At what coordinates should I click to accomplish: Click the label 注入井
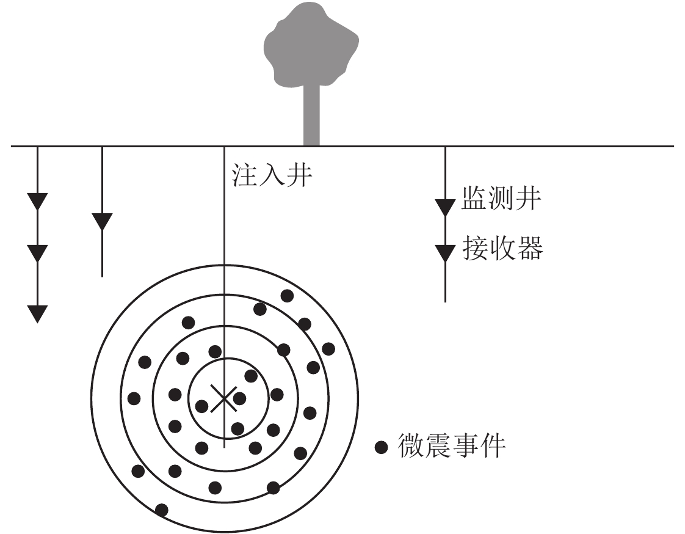(x=272, y=175)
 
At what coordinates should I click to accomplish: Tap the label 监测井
(x=501, y=199)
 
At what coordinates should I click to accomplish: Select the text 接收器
(x=502, y=249)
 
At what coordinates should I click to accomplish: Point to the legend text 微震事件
(x=452, y=446)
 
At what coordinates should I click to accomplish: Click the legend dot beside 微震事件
(x=382, y=448)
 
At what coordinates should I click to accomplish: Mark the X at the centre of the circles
(x=224, y=398)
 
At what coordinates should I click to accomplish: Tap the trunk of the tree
(x=311, y=116)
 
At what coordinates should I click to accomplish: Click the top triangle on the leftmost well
(x=37, y=200)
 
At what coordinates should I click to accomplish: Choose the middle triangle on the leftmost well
(x=37, y=252)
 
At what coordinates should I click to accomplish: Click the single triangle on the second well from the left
(x=101, y=221)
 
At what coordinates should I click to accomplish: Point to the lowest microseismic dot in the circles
(x=162, y=510)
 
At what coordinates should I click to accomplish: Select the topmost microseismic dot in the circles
(x=286, y=296)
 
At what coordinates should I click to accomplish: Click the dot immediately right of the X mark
(x=239, y=398)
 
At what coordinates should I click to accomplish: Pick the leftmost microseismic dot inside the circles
(x=134, y=398)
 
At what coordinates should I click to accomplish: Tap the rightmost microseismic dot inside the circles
(x=328, y=348)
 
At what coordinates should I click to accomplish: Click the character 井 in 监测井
(x=527, y=199)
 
